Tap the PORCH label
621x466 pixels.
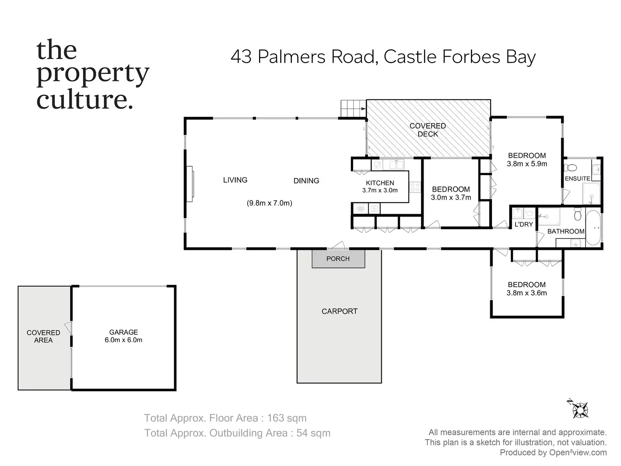(338, 259)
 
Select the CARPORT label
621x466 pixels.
(339, 312)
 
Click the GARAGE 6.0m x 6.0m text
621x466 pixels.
(123, 336)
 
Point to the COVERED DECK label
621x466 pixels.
(428, 130)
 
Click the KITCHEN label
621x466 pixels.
(380, 183)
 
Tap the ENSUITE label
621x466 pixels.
(577, 179)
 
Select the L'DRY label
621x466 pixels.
(524, 225)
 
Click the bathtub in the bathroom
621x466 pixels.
(593, 228)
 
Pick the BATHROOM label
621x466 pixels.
(566, 231)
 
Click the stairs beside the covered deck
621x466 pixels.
(352, 108)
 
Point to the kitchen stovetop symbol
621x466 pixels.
(415, 187)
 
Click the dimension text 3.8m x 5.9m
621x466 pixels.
(527, 164)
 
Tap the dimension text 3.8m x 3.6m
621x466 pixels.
(526, 293)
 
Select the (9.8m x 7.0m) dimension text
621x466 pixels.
(269, 203)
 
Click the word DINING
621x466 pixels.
(306, 181)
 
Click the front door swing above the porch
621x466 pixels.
(338, 245)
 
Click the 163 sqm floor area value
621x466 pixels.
(287, 418)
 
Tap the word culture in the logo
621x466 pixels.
(82, 100)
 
